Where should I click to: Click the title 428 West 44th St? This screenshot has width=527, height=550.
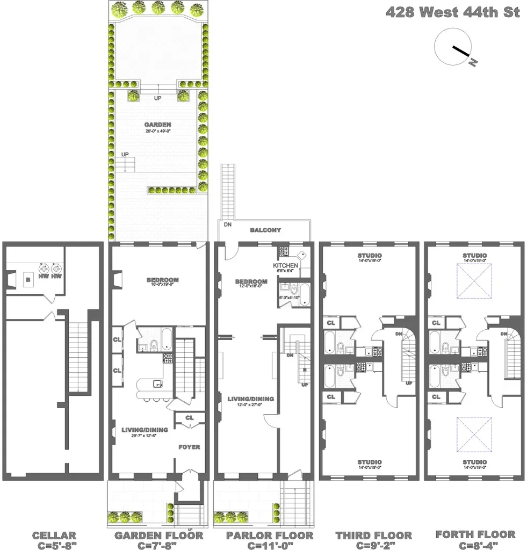452,12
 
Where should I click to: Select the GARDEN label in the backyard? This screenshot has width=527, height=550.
158,125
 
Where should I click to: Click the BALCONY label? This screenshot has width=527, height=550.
265,230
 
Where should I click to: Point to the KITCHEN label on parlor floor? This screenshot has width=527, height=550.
285,266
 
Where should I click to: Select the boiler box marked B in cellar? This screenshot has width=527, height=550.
28,279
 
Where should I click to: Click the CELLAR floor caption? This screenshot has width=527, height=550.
54,535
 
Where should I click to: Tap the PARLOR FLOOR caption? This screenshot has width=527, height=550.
269,535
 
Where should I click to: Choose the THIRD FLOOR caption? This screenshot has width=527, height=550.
374,535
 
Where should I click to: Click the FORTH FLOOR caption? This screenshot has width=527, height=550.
475,535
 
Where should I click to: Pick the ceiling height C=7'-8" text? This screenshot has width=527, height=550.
158,546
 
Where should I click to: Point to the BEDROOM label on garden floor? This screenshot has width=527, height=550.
162,280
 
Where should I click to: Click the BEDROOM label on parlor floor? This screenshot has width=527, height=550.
251,281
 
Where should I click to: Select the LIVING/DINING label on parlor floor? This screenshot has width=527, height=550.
251,399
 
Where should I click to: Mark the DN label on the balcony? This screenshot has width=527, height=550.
228,225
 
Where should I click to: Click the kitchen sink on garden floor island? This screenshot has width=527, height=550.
157,383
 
